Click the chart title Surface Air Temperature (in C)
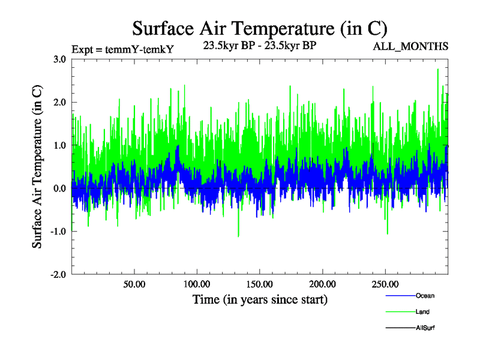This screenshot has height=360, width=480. click(260, 28)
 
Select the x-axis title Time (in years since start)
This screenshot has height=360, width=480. click(260, 298)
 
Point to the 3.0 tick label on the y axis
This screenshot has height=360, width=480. click(59, 59)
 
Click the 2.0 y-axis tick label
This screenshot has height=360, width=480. click(59, 103)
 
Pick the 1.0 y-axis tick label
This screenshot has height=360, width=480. click(59, 145)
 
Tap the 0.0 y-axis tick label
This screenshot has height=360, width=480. click(59, 188)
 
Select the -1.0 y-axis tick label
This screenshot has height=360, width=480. click(58, 231)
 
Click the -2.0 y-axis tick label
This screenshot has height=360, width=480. click(58, 274)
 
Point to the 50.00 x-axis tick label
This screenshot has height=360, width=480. click(134, 283)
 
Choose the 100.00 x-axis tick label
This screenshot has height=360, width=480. click(197, 283)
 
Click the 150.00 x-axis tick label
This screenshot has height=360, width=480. click(260, 283)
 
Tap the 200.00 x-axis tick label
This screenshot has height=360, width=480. click(322, 283)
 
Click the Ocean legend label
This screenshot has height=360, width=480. click(425, 296)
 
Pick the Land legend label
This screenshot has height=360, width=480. click(422, 312)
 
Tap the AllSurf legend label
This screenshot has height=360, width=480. click(425, 328)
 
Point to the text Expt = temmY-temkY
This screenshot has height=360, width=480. click(122, 50)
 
